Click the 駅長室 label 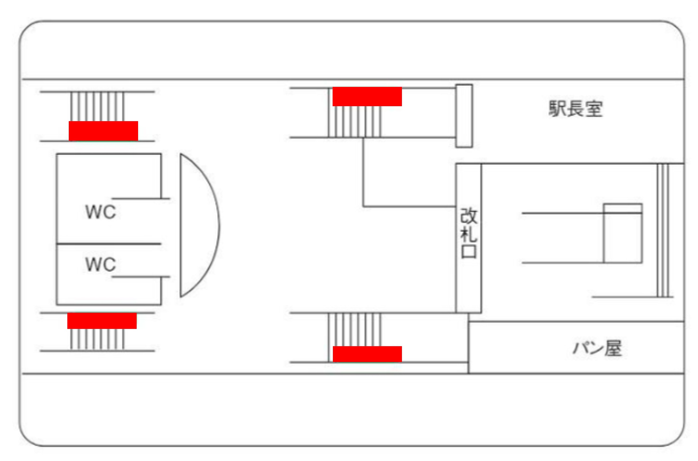[575, 109]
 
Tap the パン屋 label [598, 349]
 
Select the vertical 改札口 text [468, 233]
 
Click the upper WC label [101, 212]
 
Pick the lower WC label [101, 264]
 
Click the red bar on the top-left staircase [104, 131]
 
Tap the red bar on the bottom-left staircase [102, 321]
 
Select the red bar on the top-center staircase [367, 96]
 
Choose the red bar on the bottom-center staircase [367, 354]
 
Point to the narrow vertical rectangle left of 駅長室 [464, 116]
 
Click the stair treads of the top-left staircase [97, 106]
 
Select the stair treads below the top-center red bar [354, 122]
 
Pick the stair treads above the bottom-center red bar [354, 329]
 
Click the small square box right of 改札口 [623, 233]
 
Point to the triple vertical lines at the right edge [663, 230]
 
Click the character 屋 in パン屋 [614, 349]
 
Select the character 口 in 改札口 [468, 252]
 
